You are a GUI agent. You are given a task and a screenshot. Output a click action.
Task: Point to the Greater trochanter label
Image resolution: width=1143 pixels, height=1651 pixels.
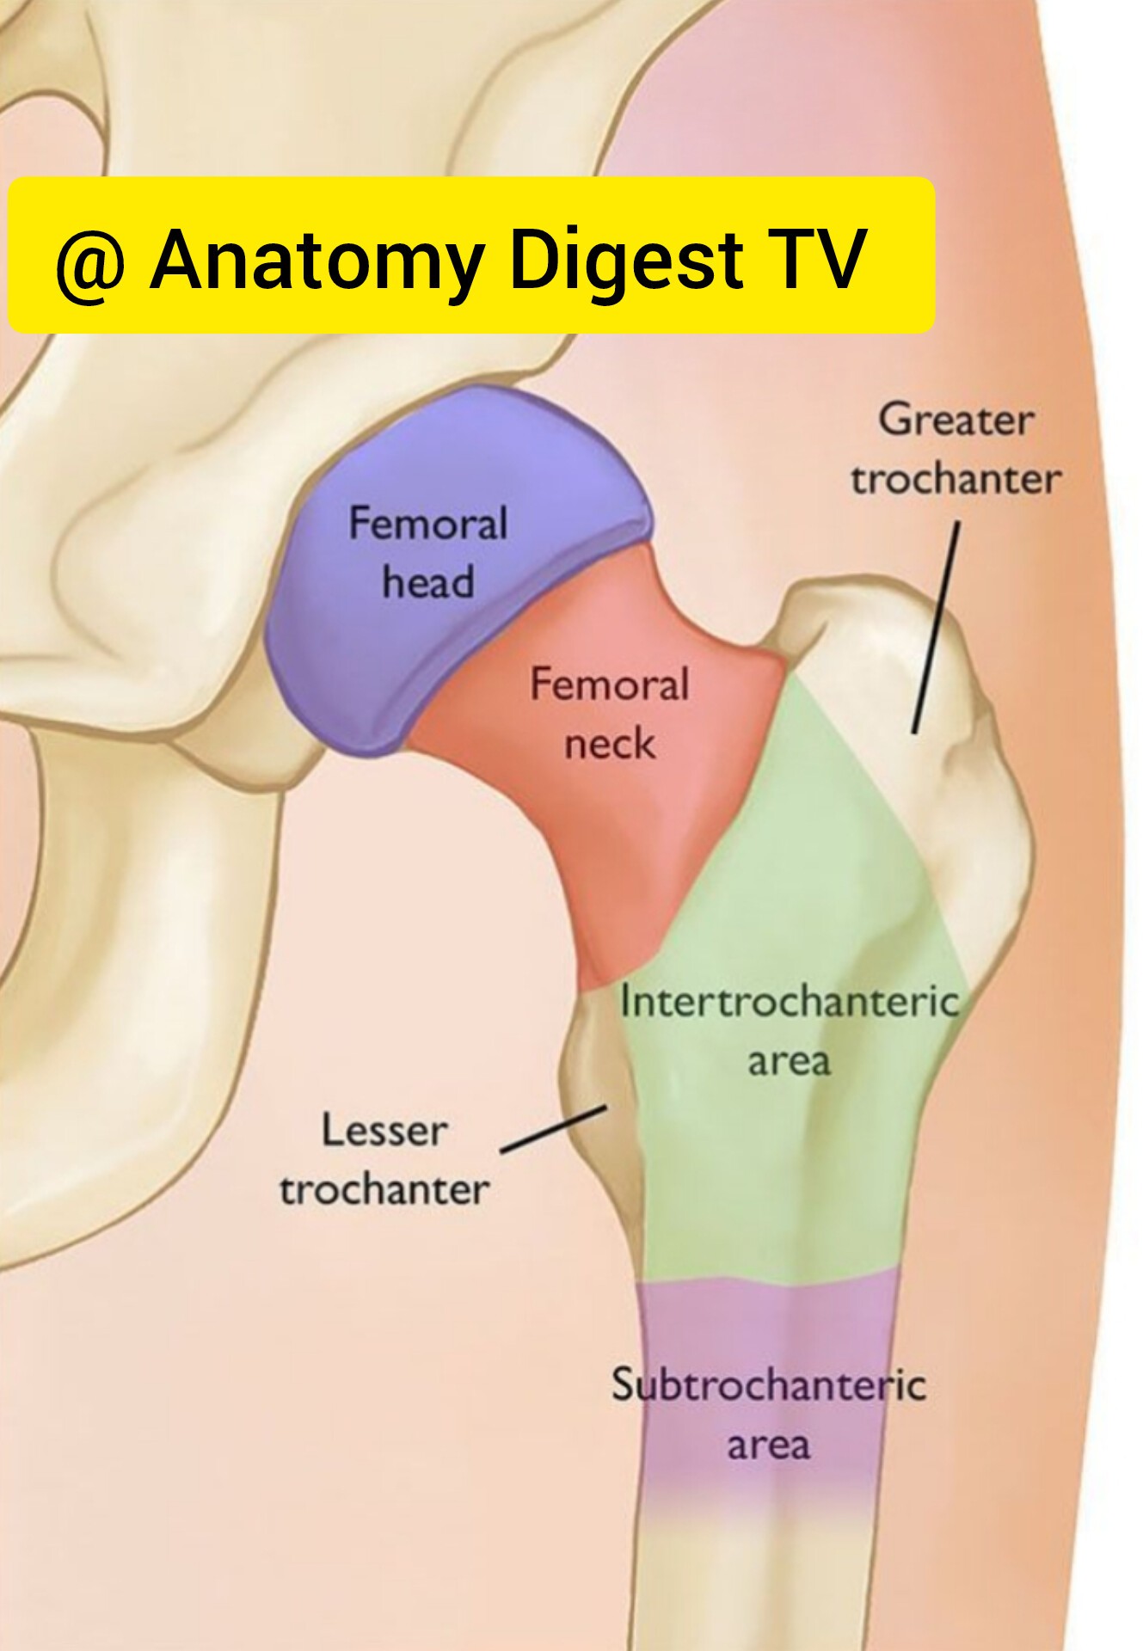pyautogui.click(x=956, y=450)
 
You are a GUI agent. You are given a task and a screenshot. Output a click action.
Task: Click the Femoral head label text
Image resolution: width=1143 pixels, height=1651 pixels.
pyautogui.click(x=427, y=553)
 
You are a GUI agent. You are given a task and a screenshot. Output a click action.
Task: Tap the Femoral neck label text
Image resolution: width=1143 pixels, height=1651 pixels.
pyautogui.click(x=609, y=714)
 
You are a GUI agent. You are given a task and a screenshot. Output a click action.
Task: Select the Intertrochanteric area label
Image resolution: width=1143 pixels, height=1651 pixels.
pyautogui.click(x=789, y=1030)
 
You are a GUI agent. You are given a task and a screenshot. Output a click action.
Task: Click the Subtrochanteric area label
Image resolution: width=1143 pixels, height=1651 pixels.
pyautogui.click(x=768, y=1413)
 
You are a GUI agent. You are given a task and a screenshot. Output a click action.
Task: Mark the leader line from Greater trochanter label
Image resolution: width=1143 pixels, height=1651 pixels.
pyautogui.click(x=936, y=629)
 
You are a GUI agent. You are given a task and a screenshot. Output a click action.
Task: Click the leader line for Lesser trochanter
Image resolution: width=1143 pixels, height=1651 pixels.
pyautogui.click(x=554, y=1129)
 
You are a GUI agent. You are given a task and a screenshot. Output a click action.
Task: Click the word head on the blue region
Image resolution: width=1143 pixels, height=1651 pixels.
pyautogui.click(x=427, y=581)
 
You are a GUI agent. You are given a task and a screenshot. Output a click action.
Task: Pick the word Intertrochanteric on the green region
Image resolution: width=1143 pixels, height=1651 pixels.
pyautogui.click(x=789, y=1002)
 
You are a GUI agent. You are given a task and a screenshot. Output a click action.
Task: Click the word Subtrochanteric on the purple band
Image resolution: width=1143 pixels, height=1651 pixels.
pyautogui.click(x=768, y=1384)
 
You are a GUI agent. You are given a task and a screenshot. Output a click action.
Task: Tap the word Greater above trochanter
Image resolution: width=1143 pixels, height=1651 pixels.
pyautogui.click(x=956, y=421)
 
